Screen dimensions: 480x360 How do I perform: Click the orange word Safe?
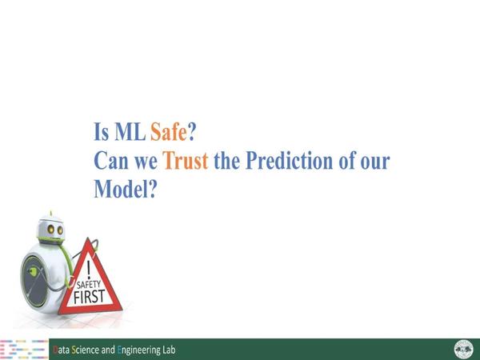pos(168,132)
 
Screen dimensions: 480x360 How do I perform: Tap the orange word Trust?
pos(186,161)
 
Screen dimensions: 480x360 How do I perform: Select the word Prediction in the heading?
pos(289,161)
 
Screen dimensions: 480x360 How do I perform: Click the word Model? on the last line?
pos(126,189)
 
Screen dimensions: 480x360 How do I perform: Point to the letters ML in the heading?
pos(130,132)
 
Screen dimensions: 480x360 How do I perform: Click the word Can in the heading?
pos(111,161)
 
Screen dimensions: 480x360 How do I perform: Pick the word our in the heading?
pos(375,162)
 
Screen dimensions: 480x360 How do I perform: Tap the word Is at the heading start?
pos(101,132)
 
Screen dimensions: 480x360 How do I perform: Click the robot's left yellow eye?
pos(51,229)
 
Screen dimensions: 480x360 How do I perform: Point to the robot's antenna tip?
pos(51,212)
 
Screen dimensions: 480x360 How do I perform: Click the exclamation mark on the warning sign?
pos(89,270)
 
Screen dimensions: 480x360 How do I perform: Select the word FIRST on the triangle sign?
pos(90,296)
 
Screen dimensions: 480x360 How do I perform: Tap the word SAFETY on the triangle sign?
pos(89,285)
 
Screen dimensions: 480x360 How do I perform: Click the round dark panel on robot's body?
pos(34,282)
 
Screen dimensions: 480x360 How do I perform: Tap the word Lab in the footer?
pos(170,350)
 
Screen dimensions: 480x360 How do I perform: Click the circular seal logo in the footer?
pos(463,350)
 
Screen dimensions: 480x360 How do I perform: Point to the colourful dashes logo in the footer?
pos(24,350)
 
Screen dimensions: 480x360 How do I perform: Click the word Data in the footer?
pos(61,350)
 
